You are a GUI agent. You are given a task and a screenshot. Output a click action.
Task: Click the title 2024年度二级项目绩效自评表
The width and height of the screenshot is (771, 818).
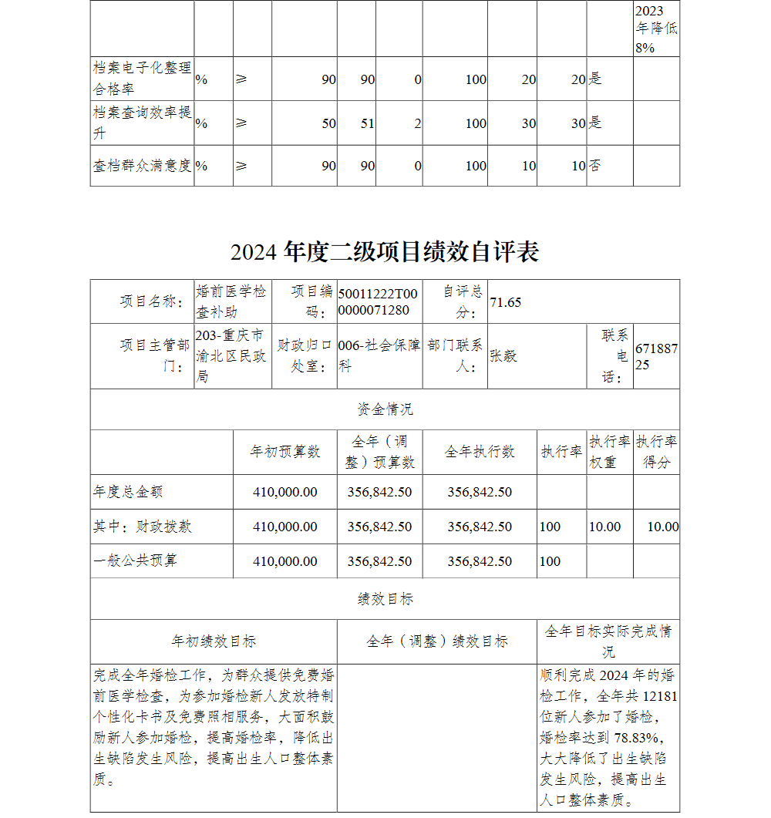click(x=385, y=251)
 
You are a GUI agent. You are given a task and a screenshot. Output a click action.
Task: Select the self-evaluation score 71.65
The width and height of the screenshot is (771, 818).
click(x=506, y=302)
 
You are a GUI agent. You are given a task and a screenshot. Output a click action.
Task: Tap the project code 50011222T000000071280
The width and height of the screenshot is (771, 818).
click(x=378, y=301)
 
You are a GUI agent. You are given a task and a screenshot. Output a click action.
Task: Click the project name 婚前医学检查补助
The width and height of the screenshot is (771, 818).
click(x=231, y=301)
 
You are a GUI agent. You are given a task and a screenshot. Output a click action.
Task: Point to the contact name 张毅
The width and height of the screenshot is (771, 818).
click(x=503, y=356)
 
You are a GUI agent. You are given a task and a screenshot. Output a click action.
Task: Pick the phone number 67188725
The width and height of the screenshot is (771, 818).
click(x=656, y=356)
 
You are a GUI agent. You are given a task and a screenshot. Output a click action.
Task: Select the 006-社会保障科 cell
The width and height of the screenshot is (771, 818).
click(x=379, y=355)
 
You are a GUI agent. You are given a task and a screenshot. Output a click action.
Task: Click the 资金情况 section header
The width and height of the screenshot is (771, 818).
click(x=385, y=409)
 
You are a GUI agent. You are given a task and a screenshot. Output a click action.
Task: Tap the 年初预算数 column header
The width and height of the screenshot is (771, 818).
click(x=284, y=452)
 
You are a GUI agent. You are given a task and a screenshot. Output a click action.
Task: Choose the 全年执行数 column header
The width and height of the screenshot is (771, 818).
click(x=479, y=452)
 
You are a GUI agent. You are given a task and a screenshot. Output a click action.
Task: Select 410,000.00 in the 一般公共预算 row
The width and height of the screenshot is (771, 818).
click(x=284, y=561)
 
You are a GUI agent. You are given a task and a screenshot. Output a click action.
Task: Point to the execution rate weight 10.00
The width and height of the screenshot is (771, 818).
click(x=604, y=527)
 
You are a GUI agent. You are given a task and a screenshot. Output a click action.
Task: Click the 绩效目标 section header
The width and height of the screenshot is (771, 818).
click(x=385, y=598)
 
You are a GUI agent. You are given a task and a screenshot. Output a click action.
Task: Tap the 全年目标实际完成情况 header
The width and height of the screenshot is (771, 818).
click(x=608, y=641)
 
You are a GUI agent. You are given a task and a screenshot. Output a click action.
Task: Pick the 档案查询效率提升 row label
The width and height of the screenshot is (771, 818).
click(x=142, y=123)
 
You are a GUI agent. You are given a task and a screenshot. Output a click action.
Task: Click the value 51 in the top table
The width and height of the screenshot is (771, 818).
click(x=367, y=123)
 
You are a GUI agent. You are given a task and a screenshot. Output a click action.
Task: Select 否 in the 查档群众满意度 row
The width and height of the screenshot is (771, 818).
click(x=595, y=166)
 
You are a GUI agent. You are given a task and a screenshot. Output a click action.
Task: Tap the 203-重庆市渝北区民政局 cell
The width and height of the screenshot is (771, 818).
click(x=230, y=355)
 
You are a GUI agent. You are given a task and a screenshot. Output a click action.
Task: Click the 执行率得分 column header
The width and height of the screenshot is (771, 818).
click(x=656, y=452)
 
